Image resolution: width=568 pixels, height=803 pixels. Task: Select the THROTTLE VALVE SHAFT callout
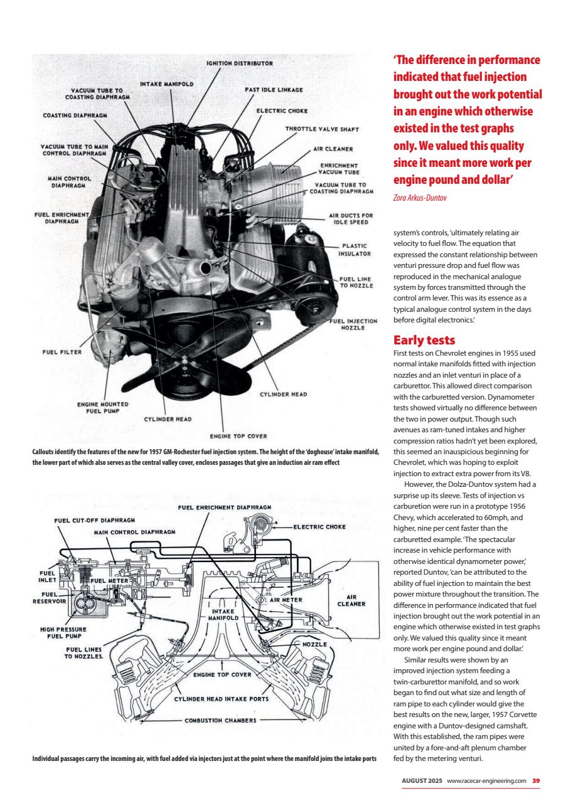[322, 130]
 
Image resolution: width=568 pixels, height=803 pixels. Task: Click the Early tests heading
[424, 340]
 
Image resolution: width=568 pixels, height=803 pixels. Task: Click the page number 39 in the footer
[536, 780]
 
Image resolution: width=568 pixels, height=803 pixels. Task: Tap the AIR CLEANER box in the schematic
[351, 601]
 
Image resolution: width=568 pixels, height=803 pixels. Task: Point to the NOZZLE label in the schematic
[314, 644]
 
